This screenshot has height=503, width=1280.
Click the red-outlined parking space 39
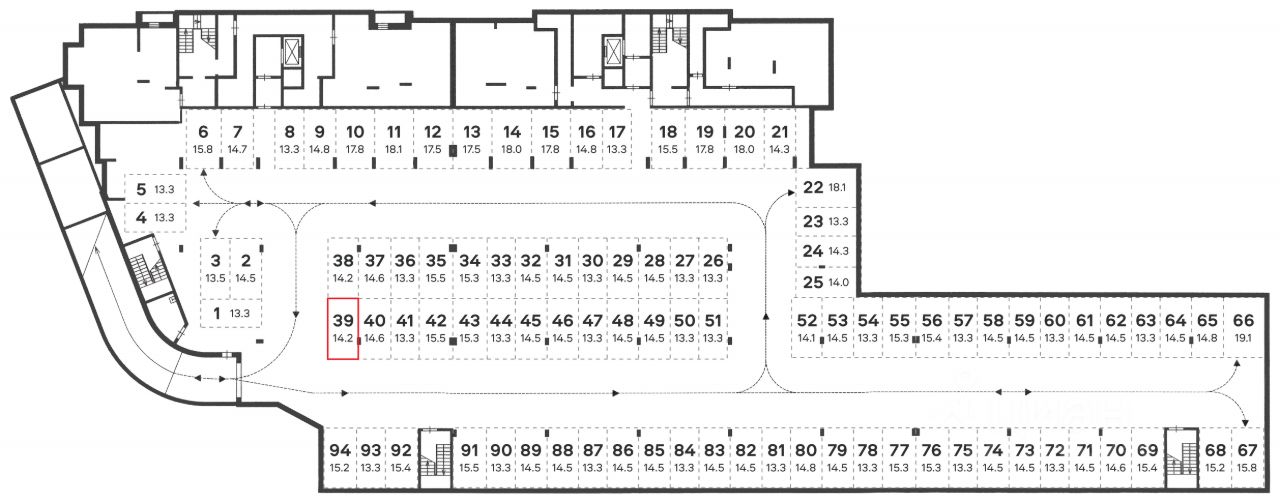click(x=343, y=329)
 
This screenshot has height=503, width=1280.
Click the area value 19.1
click(x=1243, y=338)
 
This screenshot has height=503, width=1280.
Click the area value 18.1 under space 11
click(x=393, y=149)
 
